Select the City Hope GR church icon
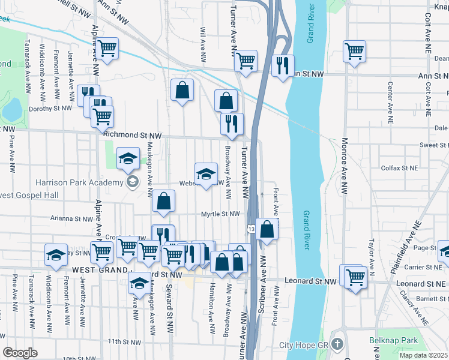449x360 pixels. [337, 344]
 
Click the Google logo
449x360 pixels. [20, 352]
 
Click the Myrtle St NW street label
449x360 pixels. [220, 213]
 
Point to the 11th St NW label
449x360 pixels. [124, 342]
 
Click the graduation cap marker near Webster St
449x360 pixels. [206, 174]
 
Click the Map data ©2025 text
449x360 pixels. [423, 355]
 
